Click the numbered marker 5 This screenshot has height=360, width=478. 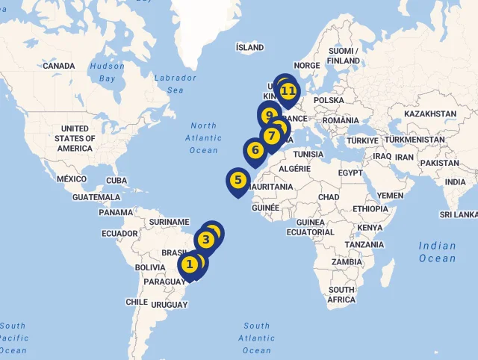tap(238, 180)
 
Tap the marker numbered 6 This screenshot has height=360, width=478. tap(255, 150)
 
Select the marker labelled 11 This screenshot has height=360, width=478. tap(288, 91)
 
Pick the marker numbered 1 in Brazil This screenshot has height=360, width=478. tap(190, 264)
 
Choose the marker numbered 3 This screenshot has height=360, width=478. tap(206, 240)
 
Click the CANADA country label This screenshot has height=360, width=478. tap(58, 66)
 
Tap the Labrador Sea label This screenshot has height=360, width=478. tap(176, 84)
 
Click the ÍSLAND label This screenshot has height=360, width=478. tap(249, 47)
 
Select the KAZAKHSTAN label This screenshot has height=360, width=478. tap(429, 114)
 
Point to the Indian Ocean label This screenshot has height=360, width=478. tap(437, 252)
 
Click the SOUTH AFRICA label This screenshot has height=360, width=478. tap(341, 294)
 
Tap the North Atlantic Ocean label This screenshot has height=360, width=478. tap(203, 138)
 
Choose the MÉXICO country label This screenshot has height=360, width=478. tap(72, 179)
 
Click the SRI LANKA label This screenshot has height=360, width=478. tap(458, 214)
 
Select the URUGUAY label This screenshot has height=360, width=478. tap(169, 305)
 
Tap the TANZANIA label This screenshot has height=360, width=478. tap(364, 244)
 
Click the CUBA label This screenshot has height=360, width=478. tap(117, 181)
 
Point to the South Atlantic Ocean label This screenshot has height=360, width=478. tap(256, 338)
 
